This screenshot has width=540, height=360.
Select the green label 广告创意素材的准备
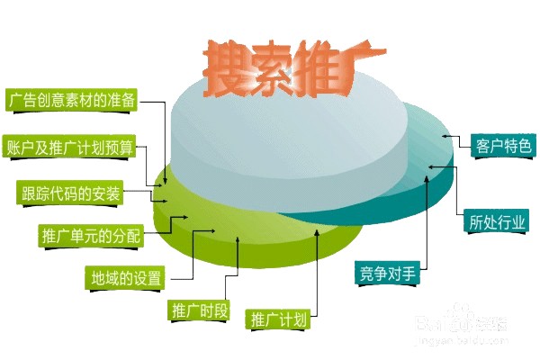click(x=71, y=100)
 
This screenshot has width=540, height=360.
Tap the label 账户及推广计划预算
click(x=69, y=147)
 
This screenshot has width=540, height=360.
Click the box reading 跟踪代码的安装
click(x=70, y=193)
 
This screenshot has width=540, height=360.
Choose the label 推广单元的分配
click(x=91, y=235)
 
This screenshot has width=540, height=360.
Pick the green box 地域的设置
click(x=126, y=278)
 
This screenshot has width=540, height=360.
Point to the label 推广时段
click(x=200, y=310)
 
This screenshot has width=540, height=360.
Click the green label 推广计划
click(x=277, y=319)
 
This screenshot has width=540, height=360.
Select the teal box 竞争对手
click(x=387, y=274)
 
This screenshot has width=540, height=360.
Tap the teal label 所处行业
click(x=496, y=222)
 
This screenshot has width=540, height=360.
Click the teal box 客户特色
click(x=503, y=146)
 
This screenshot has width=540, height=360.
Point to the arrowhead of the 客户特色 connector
click(x=445, y=136)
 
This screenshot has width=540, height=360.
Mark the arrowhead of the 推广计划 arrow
click(x=317, y=232)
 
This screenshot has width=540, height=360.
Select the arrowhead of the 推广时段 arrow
click(x=238, y=239)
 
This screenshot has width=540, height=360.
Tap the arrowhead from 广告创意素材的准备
click(x=166, y=181)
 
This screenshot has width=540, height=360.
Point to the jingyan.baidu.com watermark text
click(x=462, y=340)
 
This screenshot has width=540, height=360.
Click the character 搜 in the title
click(x=224, y=69)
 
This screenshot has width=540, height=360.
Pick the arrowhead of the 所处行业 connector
click(x=432, y=167)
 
